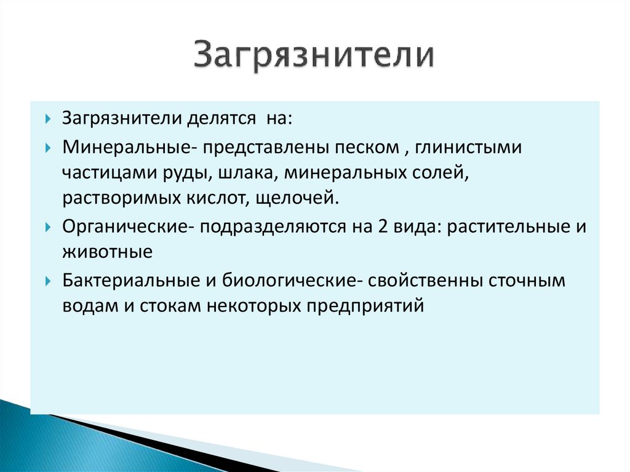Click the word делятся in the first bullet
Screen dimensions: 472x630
point(217,118)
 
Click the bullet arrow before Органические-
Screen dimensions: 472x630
point(49,227)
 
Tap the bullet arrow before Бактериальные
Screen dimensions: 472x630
point(49,281)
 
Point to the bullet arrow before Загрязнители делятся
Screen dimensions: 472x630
point(49,119)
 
